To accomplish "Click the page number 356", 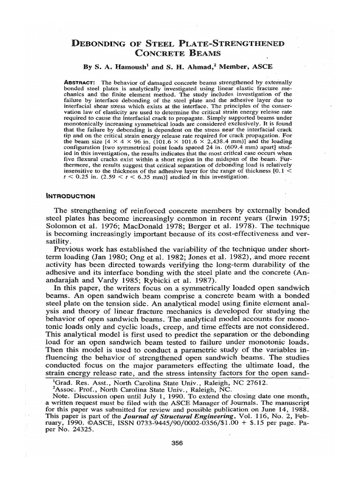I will tap(180, 443).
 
